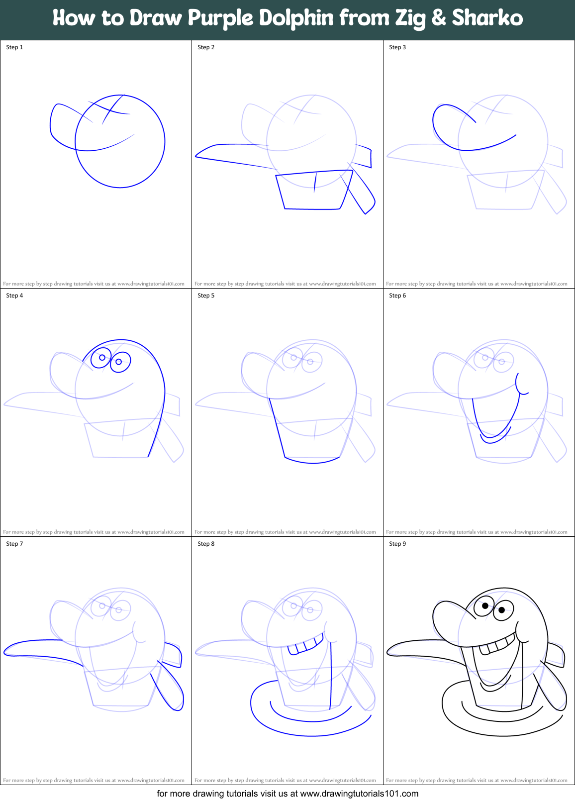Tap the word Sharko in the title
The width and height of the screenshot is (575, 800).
click(x=487, y=18)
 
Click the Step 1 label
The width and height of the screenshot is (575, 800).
click(x=14, y=47)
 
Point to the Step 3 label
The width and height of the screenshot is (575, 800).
click(x=397, y=47)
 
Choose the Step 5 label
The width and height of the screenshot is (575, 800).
click(x=206, y=296)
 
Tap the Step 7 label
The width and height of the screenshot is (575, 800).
click(x=14, y=544)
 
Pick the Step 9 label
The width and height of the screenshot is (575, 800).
click(x=397, y=544)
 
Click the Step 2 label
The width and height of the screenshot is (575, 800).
click(x=206, y=47)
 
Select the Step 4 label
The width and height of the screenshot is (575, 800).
click(x=14, y=296)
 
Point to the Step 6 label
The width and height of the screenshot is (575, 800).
click(x=397, y=296)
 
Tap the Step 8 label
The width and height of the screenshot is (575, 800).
click(x=206, y=544)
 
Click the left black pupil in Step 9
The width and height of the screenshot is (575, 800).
click(x=485, y=606)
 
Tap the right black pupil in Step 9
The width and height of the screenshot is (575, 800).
click(x=502, y=610)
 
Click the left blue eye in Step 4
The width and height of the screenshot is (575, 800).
click(x=101, y=357)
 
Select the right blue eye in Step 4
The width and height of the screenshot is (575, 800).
click(x=119, y=362)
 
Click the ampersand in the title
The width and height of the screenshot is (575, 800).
click(x=438, y=18)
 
